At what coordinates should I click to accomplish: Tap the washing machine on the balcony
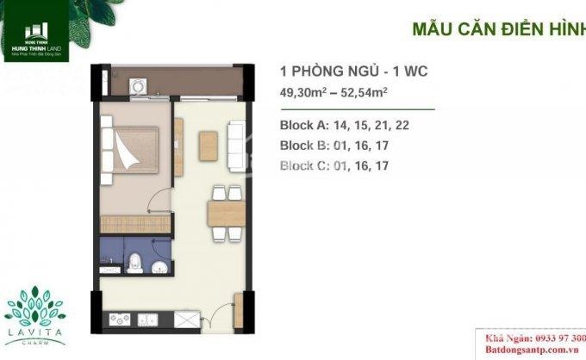[x=136, y=86]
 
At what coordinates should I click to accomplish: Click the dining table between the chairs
[x=227, y=213]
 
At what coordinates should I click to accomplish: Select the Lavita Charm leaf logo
[x=37, y=311]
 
